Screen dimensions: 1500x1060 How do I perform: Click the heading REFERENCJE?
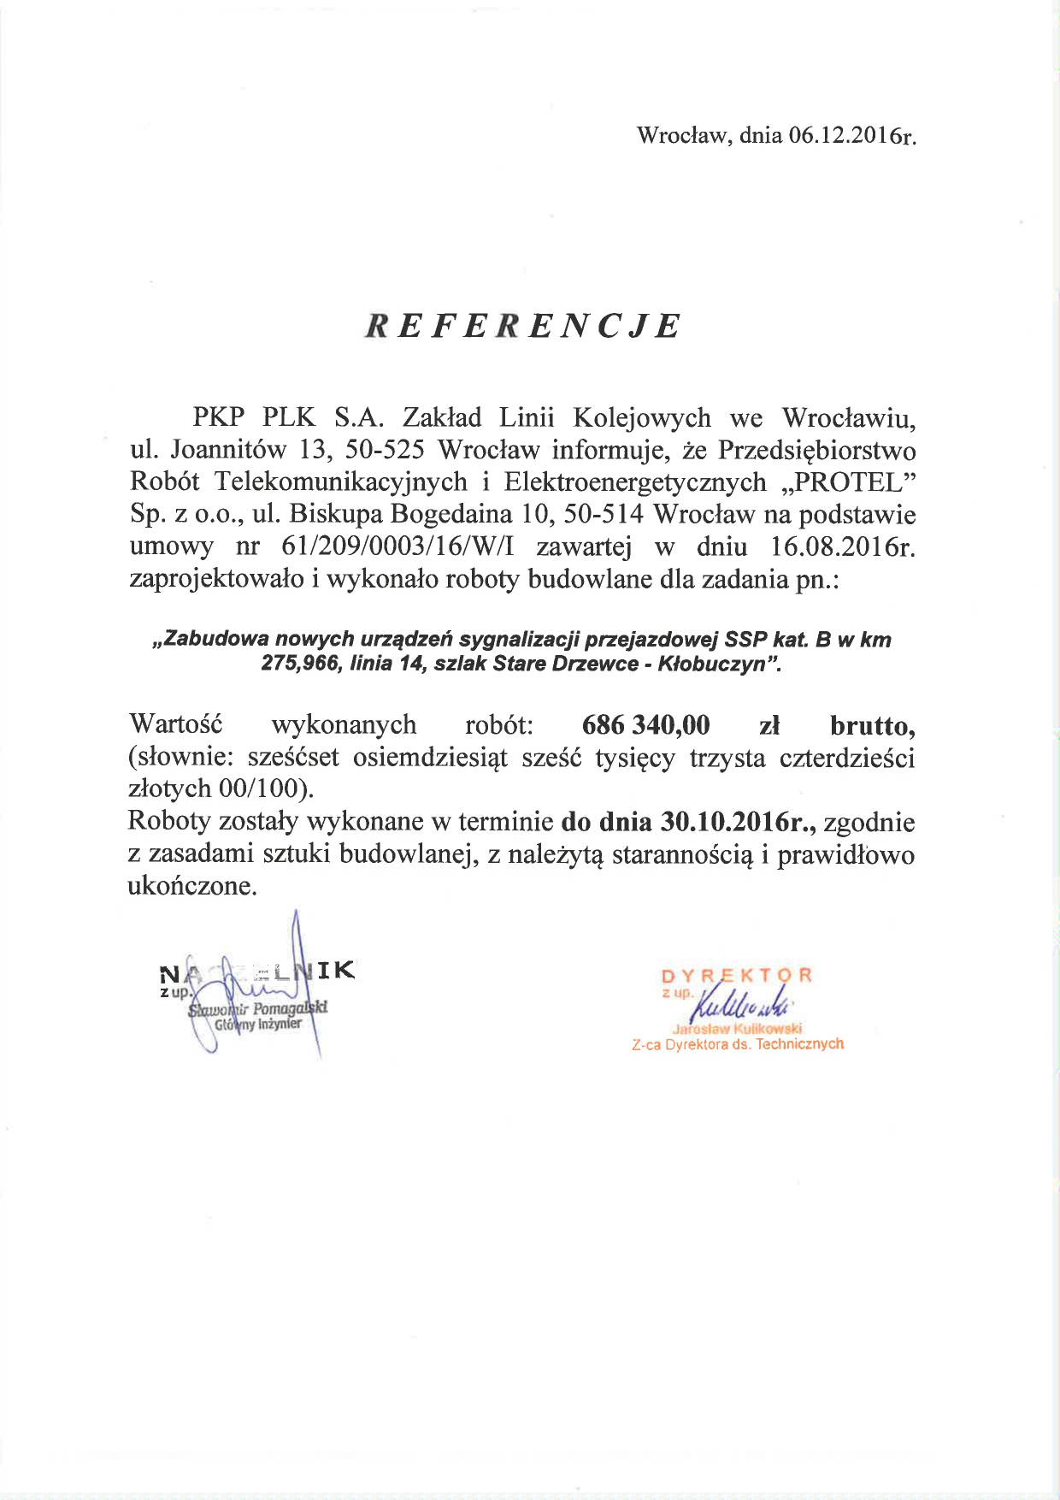click(522, 326)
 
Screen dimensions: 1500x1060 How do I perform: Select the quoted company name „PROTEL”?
click(849, 482)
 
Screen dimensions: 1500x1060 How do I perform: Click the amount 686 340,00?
click(645, 725)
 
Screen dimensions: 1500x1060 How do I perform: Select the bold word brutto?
click(872, 725)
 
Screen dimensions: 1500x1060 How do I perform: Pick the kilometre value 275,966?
click(300, 664)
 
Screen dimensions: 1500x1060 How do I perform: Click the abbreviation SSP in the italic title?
click(745, 640)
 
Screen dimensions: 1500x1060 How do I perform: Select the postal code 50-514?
click(604, 515)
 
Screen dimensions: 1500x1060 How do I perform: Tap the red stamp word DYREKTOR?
click(736, 976)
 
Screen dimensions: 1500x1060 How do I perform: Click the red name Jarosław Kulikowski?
click(737, 1029)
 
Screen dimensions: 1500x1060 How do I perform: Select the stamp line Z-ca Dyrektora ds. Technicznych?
click(738, 1044)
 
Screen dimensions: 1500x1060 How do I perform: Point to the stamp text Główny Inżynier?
click(258, 1024)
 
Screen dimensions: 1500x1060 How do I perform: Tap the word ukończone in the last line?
click(192, 886)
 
